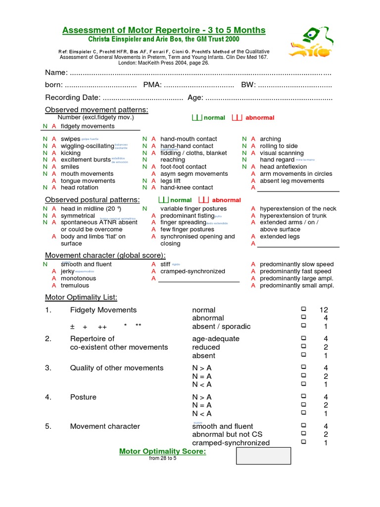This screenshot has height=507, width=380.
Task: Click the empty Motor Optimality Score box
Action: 263,456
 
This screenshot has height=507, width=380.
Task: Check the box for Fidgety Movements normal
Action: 303,309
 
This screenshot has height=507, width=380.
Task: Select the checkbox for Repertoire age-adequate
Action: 303,339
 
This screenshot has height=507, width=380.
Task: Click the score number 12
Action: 324,310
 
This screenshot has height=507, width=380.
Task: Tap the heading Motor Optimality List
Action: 81,297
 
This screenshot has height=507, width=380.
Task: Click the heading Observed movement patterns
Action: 96,109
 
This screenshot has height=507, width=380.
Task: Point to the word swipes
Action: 70,139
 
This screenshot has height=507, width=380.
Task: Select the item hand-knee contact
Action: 187,188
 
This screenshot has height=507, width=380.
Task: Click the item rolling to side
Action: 279,146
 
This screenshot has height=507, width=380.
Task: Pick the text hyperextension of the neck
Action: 298,209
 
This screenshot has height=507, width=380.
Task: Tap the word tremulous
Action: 75,285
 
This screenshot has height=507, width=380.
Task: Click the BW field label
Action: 248,85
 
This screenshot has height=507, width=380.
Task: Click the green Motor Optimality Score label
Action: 163,452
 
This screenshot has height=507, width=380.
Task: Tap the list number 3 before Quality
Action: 48,368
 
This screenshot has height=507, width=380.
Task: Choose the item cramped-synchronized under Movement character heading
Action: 192,271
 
